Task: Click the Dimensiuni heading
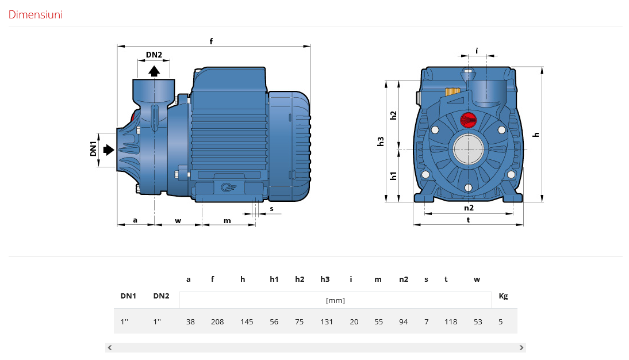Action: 35,14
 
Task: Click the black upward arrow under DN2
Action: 154,71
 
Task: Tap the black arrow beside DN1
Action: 109,150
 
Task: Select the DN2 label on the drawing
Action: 154,55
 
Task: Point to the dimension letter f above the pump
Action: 211,41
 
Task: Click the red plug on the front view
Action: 468,120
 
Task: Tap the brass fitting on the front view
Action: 452,92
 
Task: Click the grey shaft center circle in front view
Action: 468,150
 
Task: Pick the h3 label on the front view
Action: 381,141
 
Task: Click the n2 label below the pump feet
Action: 469,208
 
